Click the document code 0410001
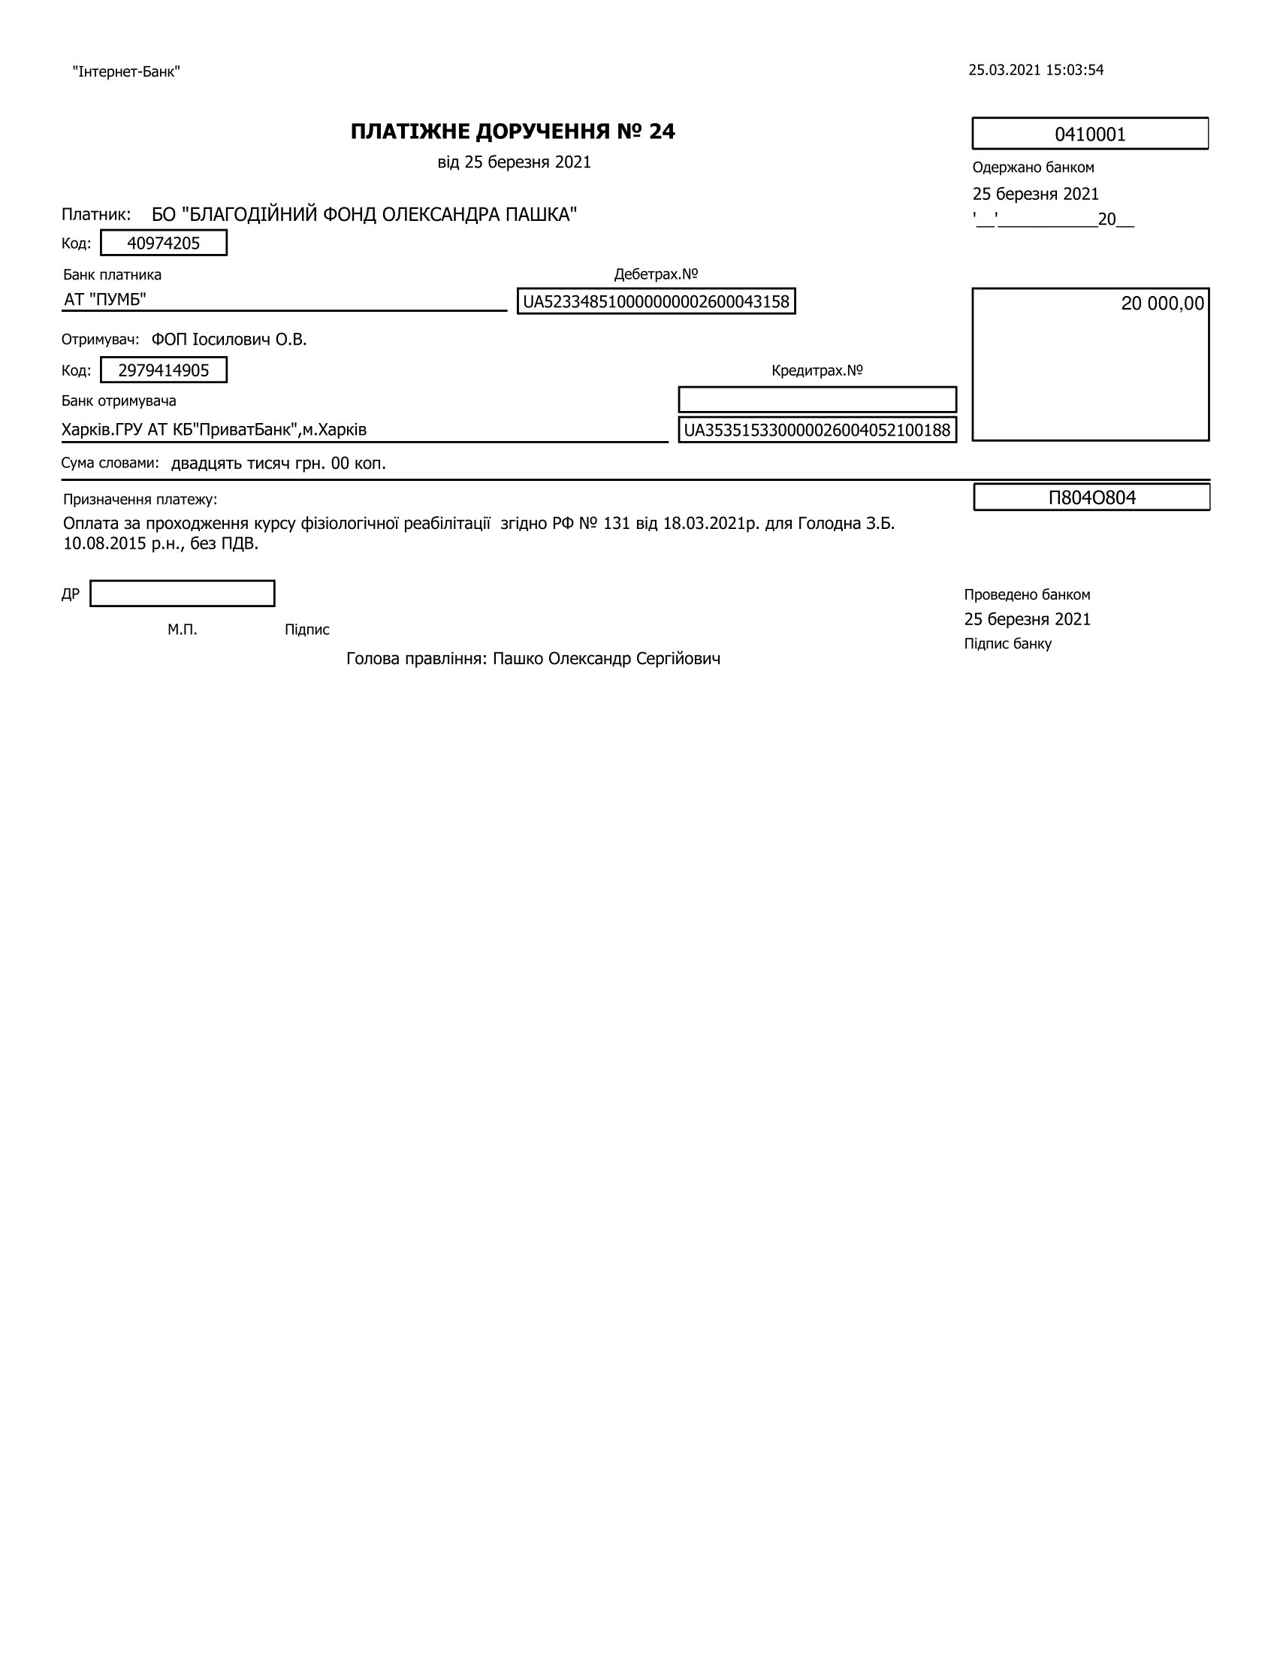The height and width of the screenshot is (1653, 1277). tap(1089, 134)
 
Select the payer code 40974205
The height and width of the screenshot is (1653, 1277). tap(164, 243)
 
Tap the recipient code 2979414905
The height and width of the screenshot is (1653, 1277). tap(164, 370)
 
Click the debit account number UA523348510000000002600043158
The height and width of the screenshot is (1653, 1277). tap(656, 301)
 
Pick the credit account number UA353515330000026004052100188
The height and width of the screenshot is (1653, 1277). tap(817, 430)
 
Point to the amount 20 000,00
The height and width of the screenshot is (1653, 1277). tap(1162, 304)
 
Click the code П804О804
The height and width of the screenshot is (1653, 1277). tap(1091, 497)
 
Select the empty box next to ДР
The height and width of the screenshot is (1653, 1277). tap(183, 594)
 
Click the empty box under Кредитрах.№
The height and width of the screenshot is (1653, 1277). tap(817, 399)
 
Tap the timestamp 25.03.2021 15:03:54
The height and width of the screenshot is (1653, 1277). tap(1036, 71)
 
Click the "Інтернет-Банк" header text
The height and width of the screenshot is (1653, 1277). tap(125, 72)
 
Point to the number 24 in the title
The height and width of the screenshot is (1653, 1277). tap(661, 131)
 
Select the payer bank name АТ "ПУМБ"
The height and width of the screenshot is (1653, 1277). tap(105, 300)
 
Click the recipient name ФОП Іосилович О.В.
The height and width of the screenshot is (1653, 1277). tap(228, 339)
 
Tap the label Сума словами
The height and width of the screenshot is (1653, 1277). tap(110, 462)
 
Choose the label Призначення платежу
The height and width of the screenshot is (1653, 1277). tap(140, 500)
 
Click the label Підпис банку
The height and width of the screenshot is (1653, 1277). tap(1007, 643)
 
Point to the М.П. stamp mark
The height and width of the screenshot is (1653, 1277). tap(183, 630)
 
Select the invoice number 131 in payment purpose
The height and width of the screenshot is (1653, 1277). tap(617, 523)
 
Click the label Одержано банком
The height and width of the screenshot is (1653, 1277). tap(1033, 168)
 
